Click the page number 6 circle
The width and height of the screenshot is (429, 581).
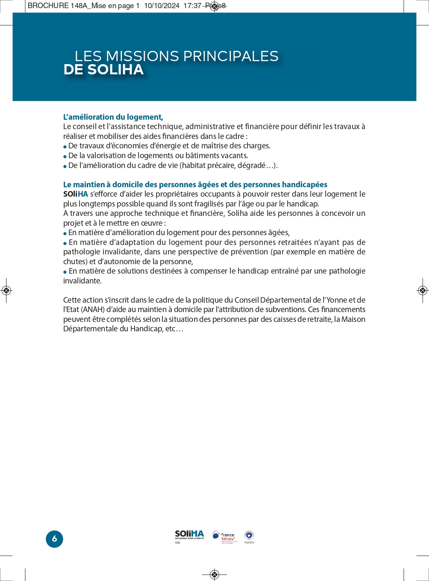pyautogui.click(x=54, y=539)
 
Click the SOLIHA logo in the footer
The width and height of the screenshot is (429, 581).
pyautogui.click(x=189, y=536)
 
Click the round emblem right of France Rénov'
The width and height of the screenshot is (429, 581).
pyautogui.click(x=249, y=536)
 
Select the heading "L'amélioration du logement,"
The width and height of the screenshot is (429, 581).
pyautogui.click(x=113, y=117)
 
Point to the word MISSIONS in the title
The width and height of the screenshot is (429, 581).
pyautogui.click(x=142, y=56)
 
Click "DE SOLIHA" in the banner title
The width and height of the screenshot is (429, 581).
pyautogui.click(x=103, y=70)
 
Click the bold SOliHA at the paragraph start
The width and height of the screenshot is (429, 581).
pyautogui.click(x=75, y=194)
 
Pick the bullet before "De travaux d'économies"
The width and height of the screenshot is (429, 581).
pyautogui.click(x=65, y=147)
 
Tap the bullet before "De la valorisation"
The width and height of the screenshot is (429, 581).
pyautogui.click(x=65, y=156)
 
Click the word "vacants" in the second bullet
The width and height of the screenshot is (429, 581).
pyautogui.click(x=235, y=156)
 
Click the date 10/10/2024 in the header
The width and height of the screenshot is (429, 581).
pyautogui.click(x=162, y=6)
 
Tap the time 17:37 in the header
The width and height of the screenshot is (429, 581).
pyautogui.click(x=192, y=6)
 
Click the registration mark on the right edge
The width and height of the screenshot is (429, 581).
pyautogui.click(x=422, y=291)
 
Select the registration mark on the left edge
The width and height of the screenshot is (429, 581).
pyautogui.click(x=6, y=291)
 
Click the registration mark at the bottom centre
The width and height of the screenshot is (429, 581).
pyautogui.click(x=214, y=574)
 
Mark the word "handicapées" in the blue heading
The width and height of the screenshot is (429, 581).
pyautogui.click(x=305, y=185)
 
